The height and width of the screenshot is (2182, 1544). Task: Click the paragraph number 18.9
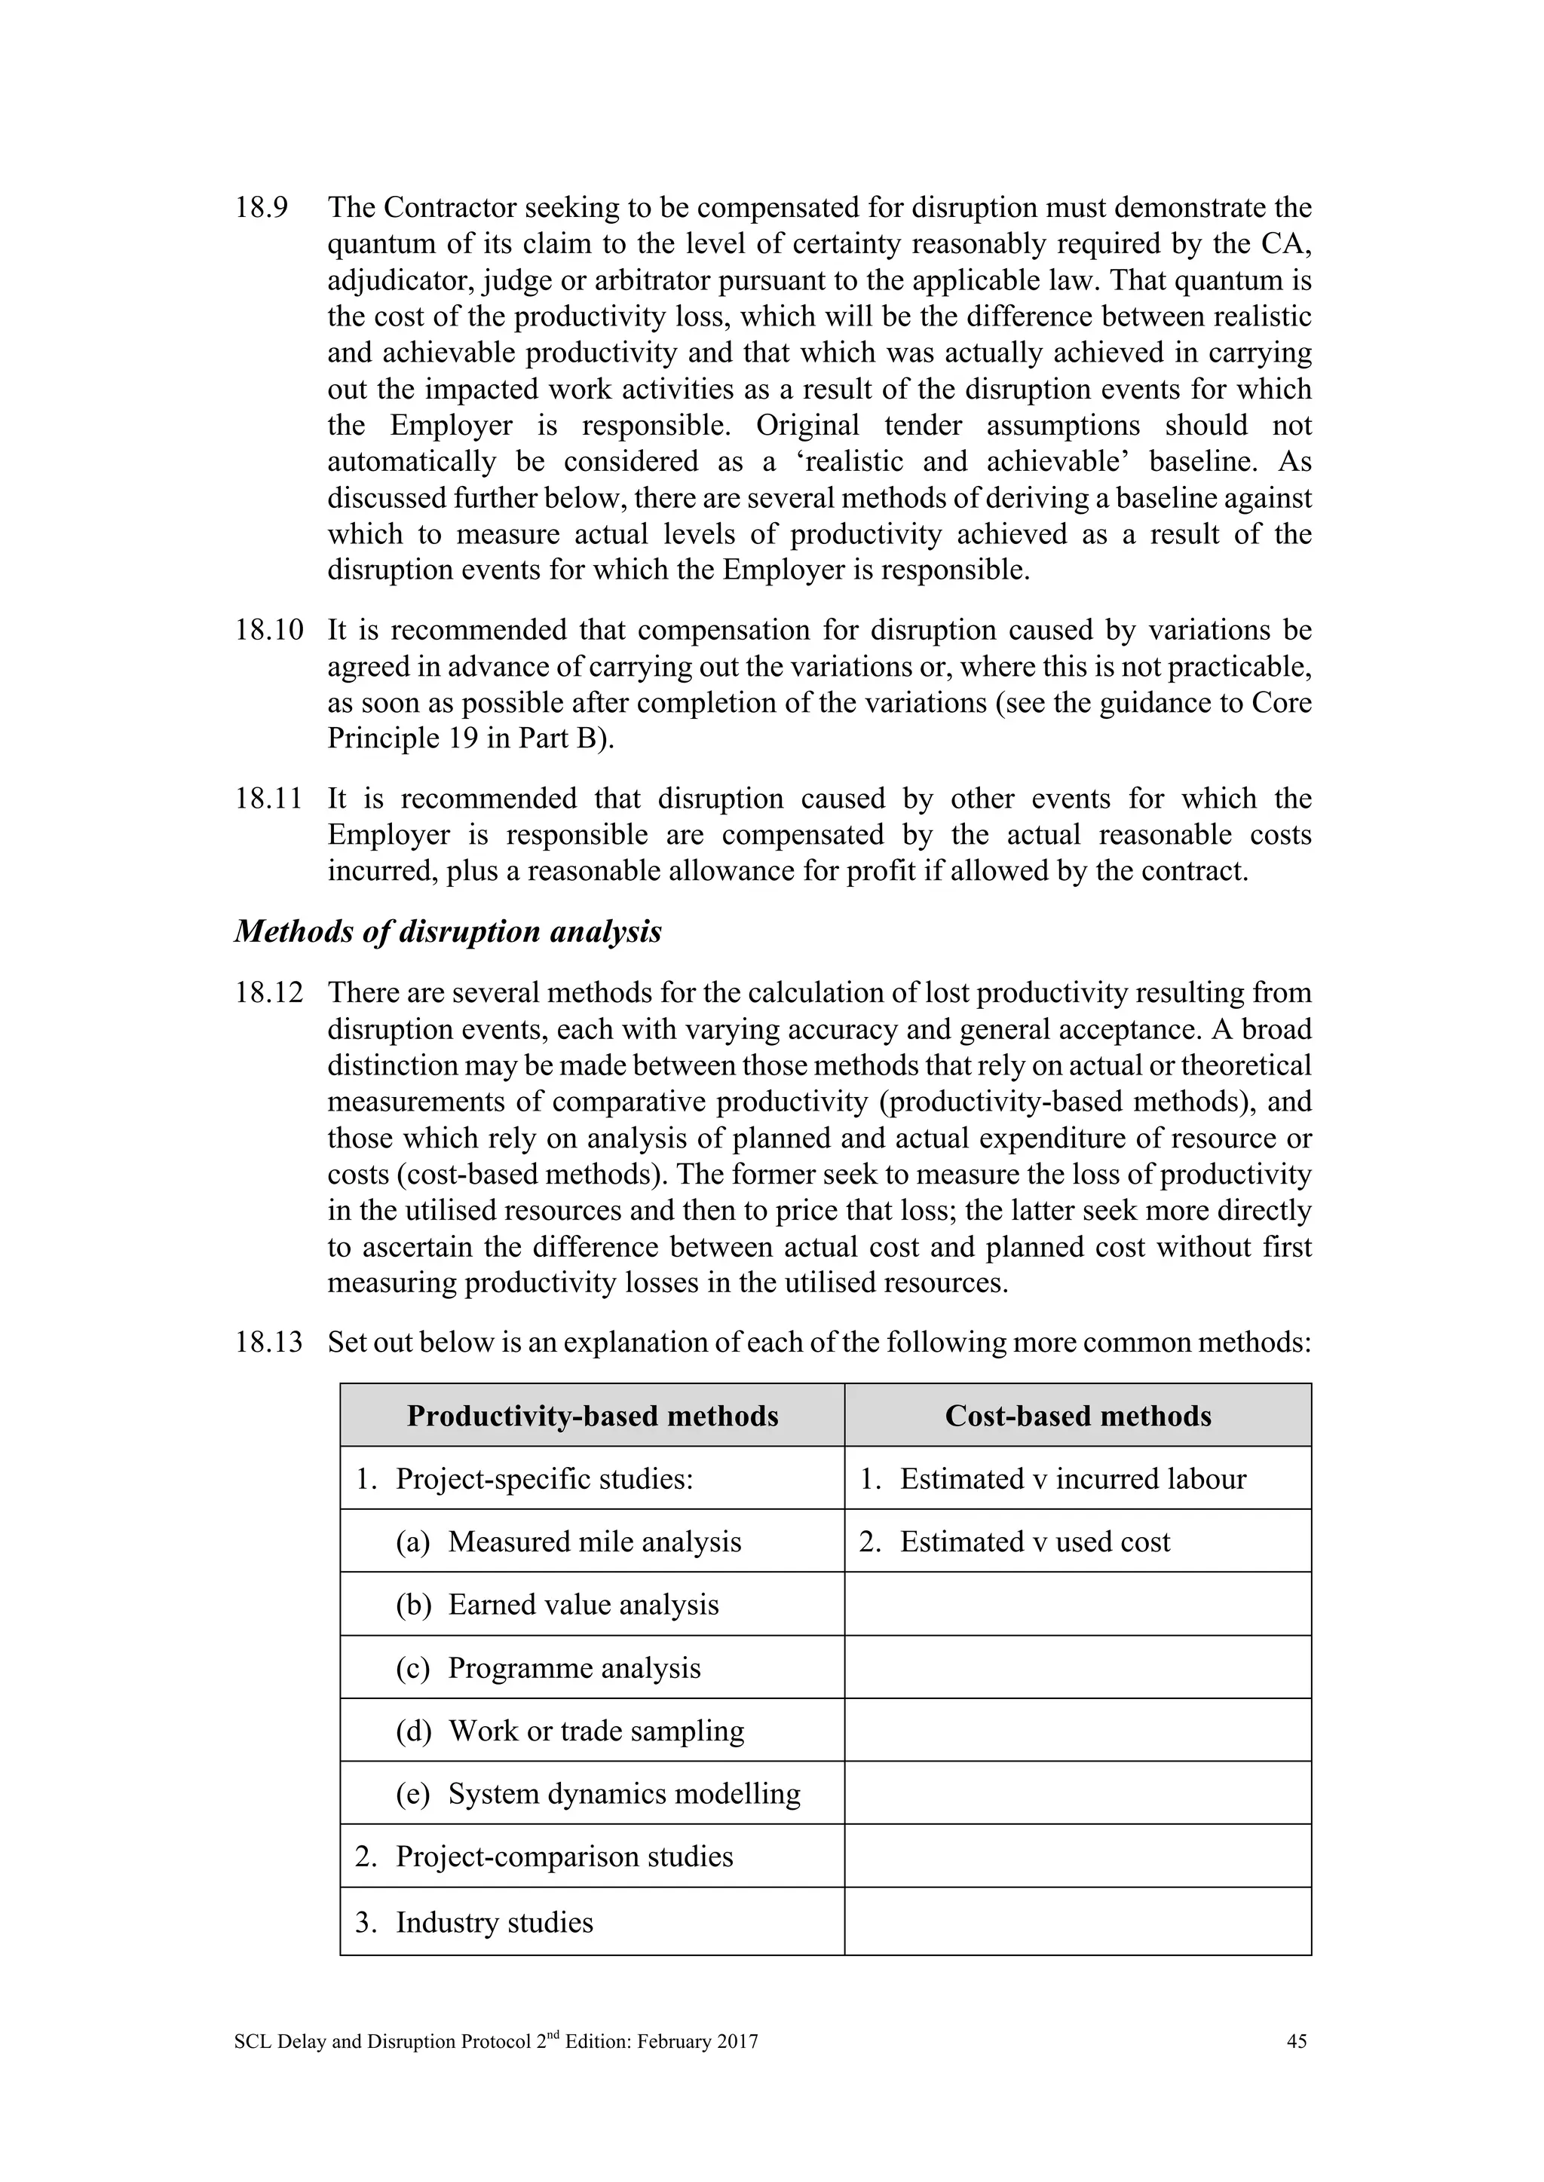click(x=262, y=208)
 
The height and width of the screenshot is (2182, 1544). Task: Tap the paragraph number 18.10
click(x=268, y=630)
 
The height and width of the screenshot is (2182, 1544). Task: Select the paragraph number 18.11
click(x=268, y=799)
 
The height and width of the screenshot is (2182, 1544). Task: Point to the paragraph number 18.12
click(x=268, y=993)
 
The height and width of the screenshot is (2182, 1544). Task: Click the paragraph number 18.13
click(x=268, y=1342)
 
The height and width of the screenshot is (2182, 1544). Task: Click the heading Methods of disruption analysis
click(x=448, y=931)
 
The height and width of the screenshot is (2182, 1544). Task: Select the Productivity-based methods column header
click(x=593, y=1416)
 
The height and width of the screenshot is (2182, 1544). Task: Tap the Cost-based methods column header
click(x=1077, y=1416)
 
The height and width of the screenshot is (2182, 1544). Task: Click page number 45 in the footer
click(x=1296, y=2041)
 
